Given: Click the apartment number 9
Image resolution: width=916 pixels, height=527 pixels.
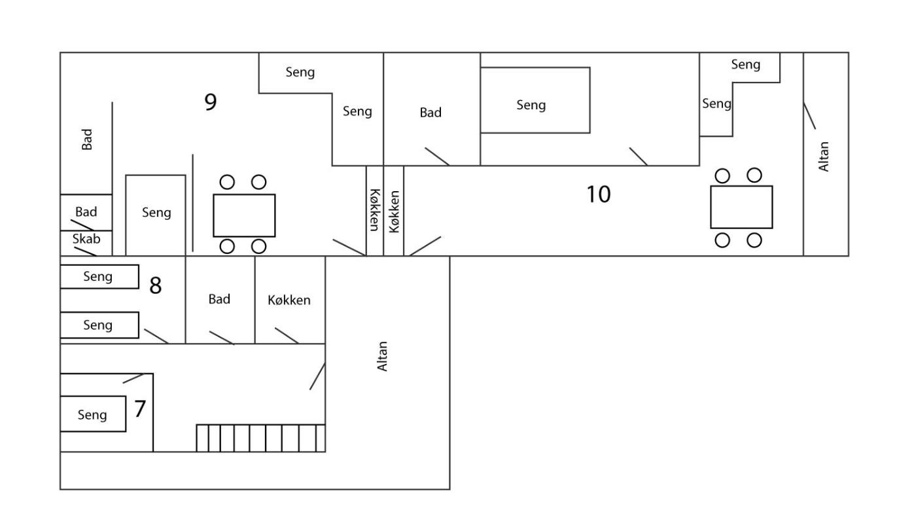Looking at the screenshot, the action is [210, 102].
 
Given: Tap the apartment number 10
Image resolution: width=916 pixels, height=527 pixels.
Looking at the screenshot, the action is [599, 194].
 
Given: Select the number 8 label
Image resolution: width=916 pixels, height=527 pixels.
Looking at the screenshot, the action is [156, 285].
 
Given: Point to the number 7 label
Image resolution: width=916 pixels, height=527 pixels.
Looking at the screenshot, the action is [140, 409].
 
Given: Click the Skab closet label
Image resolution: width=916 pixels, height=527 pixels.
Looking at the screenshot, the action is [86, 239].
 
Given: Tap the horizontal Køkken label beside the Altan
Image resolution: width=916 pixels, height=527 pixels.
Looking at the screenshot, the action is [289, 300].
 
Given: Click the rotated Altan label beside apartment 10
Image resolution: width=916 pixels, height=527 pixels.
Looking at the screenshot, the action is [823, 156].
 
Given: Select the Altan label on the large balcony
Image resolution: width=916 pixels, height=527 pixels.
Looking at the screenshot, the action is [382, 356].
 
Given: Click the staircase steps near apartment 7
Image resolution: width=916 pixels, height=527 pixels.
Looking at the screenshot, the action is [261, 438].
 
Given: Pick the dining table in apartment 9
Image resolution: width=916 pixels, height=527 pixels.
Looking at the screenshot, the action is [244, 215].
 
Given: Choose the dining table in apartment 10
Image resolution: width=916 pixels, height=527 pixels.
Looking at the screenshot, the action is [741, 207].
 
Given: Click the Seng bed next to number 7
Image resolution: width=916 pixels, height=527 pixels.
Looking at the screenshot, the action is [93, 414].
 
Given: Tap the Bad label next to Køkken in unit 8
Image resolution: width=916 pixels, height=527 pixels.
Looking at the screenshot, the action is [219, 299].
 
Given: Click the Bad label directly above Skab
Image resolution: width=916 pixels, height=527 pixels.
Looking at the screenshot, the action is [86, 212].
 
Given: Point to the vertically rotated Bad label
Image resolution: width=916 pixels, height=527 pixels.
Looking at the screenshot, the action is [87, 139].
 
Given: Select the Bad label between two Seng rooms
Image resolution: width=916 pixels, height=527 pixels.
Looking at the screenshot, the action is [431, 113].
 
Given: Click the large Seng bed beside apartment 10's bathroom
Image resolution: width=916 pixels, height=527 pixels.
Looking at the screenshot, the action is [535, 100].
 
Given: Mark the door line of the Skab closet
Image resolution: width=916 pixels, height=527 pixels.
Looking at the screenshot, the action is [86, 251].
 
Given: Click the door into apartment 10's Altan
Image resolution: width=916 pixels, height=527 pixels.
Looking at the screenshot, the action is [810, 116].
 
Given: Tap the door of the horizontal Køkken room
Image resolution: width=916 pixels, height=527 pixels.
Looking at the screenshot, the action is [287, 335].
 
